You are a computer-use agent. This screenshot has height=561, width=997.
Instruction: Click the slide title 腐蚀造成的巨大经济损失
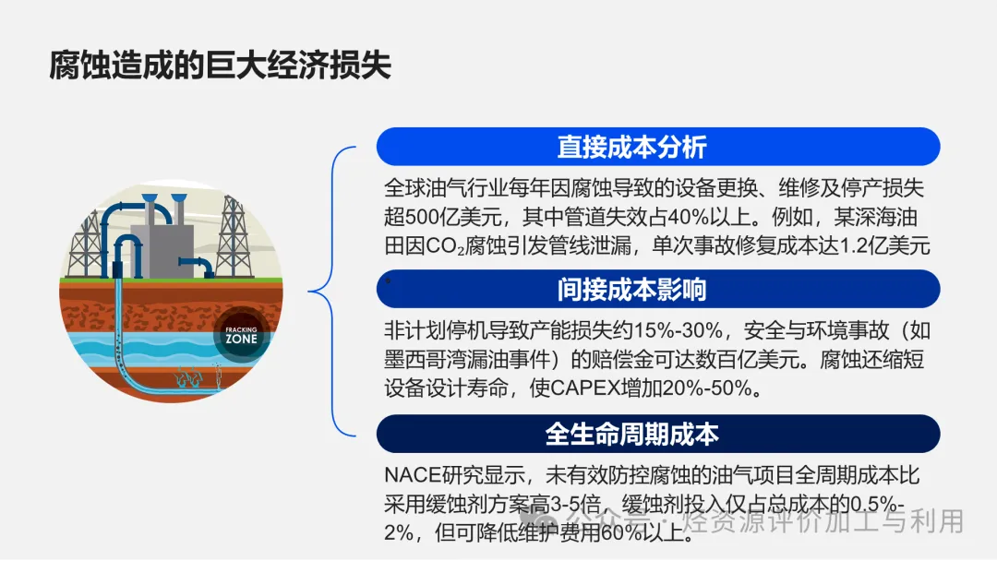coord(220,65)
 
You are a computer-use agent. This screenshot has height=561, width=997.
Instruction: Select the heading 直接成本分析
coord(631,148)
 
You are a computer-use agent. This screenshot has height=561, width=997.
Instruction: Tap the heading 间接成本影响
coord(631,290)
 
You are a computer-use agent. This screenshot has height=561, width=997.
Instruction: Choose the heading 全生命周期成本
coord(631,435)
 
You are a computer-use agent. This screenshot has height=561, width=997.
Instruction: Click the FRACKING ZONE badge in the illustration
coord(241,335)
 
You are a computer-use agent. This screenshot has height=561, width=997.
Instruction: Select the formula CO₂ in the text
coord(444,245)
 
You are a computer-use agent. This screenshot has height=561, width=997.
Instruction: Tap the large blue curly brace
coord(331,292)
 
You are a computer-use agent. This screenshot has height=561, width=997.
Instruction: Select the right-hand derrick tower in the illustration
coord(233,237)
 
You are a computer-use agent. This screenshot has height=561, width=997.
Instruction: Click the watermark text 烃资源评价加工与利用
coord(823,521)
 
